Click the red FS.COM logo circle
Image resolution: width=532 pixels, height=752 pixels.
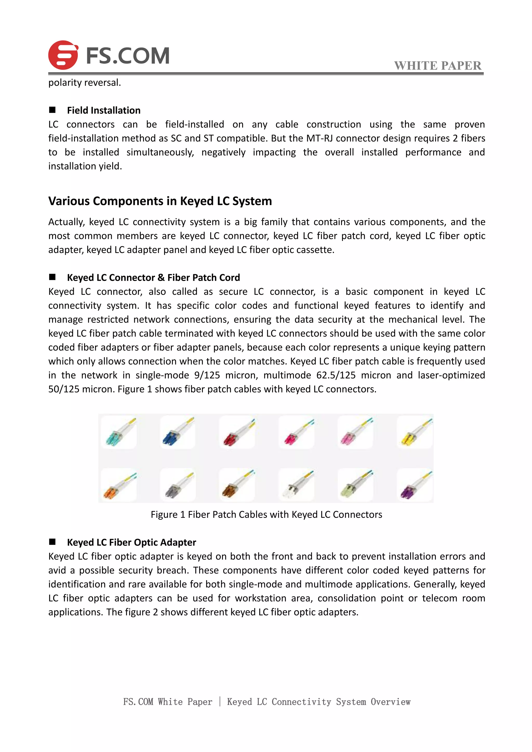coord(63,55)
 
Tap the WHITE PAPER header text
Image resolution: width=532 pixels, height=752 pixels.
coord(438,65)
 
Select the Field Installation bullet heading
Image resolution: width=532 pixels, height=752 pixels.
coord(104,110)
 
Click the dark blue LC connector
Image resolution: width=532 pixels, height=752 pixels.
coord(171,438)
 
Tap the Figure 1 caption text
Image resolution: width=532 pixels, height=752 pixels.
coord(266,515)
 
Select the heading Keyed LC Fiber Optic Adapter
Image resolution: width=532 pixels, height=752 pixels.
coord(131,542)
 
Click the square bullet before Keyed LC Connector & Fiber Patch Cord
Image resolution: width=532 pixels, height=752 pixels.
coord(52,277)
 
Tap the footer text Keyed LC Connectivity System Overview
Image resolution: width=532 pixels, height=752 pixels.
coord(318,702)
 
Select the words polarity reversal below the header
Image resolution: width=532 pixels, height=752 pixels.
coord(84,83)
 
